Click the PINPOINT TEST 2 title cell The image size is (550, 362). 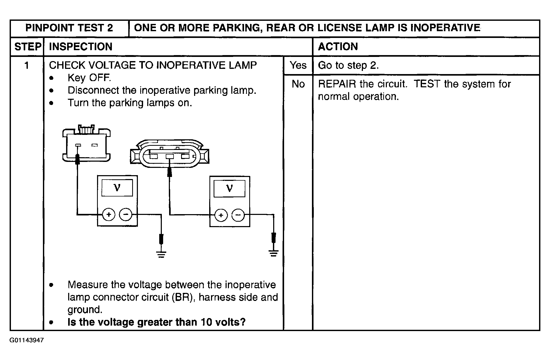click(x=69, y=28)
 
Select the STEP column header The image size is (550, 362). click(x=28, y=47)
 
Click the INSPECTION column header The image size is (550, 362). click(x=81, y=47)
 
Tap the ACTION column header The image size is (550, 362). click(x=338, y=47)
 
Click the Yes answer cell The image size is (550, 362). click(x=298, y=65)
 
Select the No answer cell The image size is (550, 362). click(x=298, y=84)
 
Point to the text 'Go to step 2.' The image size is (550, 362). click(x=348, y=65)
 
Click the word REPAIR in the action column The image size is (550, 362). click(x=337, y=84)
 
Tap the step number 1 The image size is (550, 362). click(x=27, y=65)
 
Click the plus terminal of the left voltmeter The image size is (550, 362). click(x=108, y=215)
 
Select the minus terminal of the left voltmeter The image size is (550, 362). click(x=126, y=215)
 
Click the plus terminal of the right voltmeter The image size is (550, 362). click(x=221, y=215)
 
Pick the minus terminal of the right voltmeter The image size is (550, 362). click(x=238, y=215)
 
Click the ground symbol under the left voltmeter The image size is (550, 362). click(x=161, y=254)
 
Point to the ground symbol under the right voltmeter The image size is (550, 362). click(x=273, y=253)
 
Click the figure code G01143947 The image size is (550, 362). click(x=27, y=340)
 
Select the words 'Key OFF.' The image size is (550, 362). click(x=89, y=78)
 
